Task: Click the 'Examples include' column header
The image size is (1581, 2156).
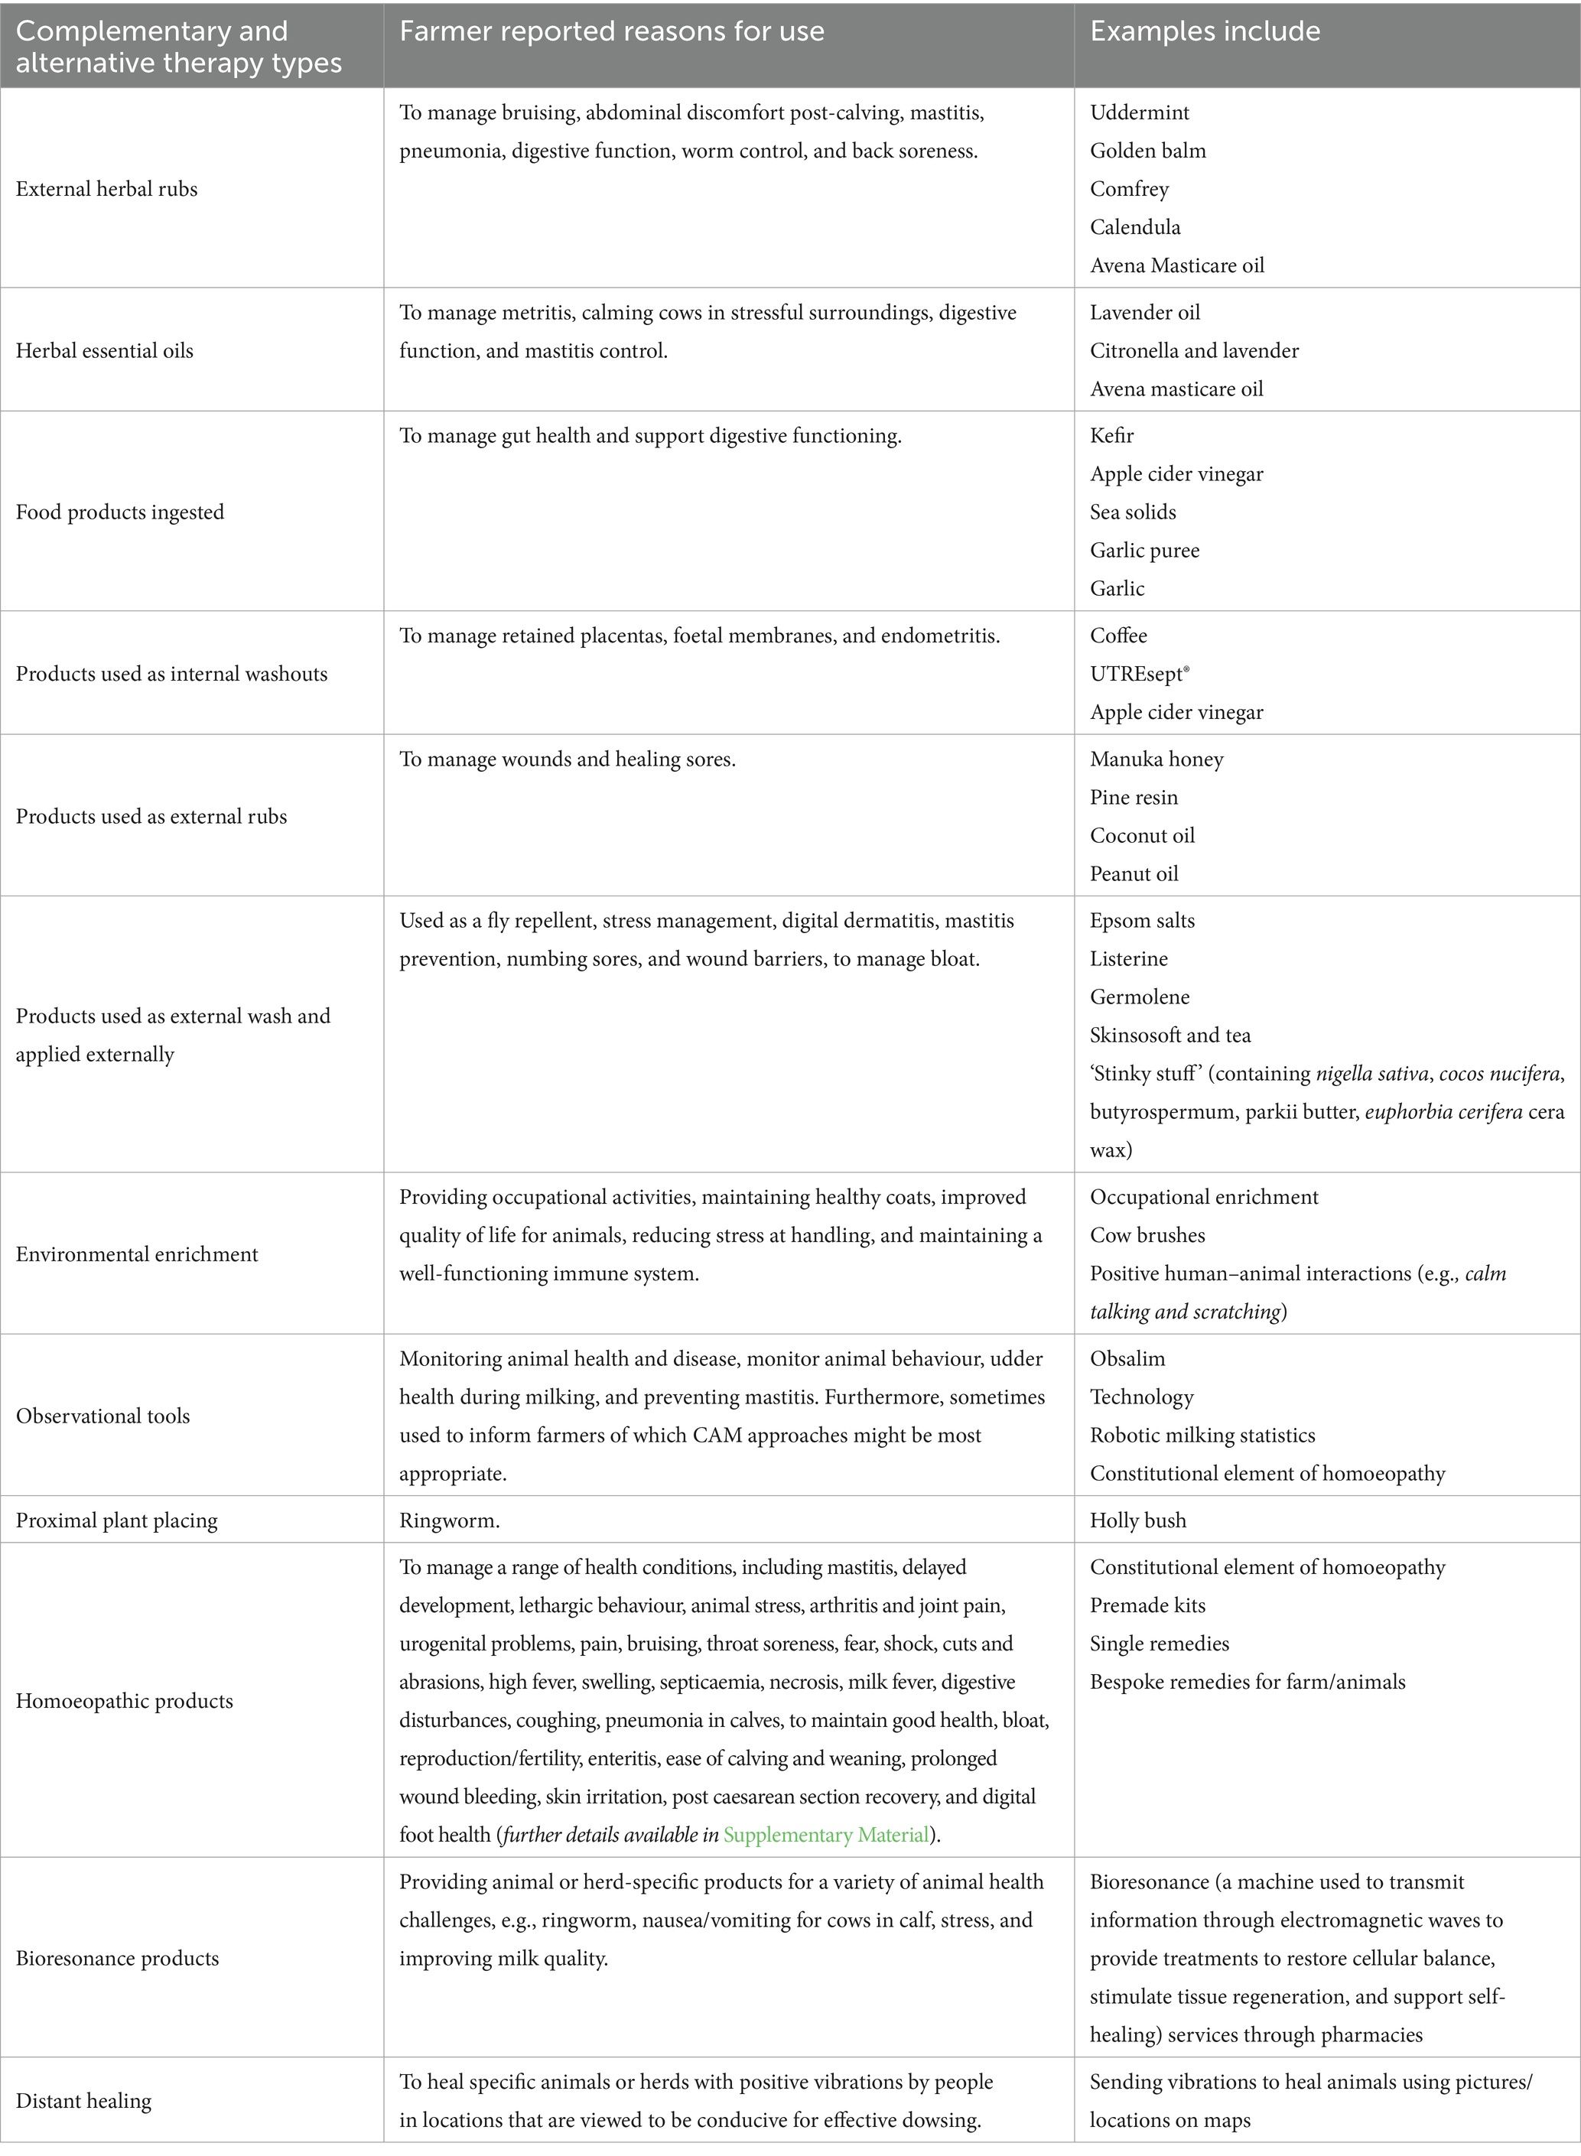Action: point(1204,31)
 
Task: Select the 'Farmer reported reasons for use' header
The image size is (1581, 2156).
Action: point(612,31)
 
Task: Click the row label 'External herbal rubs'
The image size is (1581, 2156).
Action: point(106,188)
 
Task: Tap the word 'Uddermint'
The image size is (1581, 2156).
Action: point(1139,112)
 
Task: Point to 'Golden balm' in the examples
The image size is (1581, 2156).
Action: point(1147,150)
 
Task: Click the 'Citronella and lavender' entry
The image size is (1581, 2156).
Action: point(1193,350)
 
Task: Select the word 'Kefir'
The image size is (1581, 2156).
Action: point(1111,435)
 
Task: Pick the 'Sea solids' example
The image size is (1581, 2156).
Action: point(1132,512)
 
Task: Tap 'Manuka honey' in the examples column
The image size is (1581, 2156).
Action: point(1156,759)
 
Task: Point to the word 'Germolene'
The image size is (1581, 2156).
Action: point(1139,997)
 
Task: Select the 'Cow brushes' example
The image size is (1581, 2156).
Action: point(1147,1235)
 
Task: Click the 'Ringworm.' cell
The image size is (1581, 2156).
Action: point(449,1520)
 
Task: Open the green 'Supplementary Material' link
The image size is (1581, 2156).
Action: point(826,1835)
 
